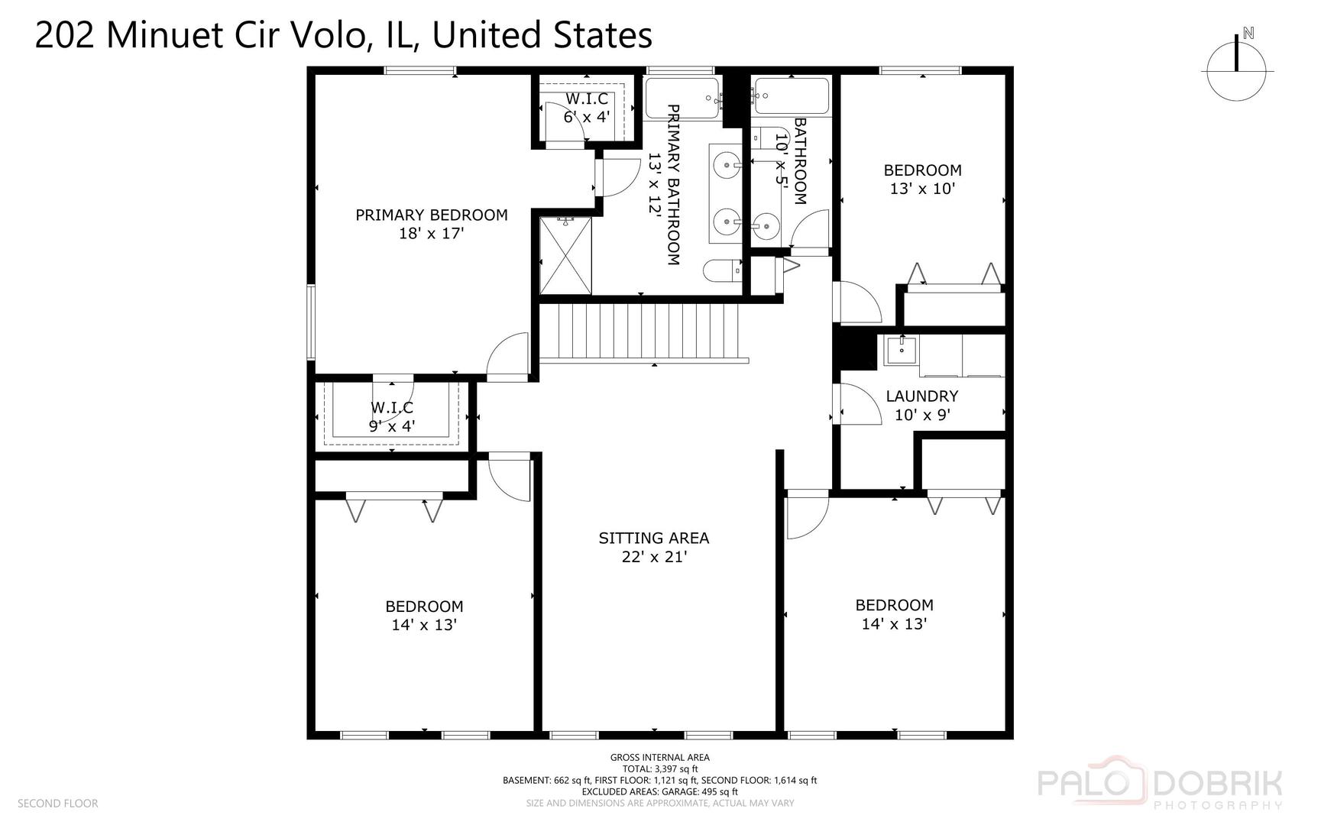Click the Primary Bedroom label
[431, 215]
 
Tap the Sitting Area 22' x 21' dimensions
[654, 557]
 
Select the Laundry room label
[921, 396]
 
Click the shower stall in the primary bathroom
[565, 255]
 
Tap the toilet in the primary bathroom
[723, 270]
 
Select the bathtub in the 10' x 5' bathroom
[790, 97]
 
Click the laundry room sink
[902, 351]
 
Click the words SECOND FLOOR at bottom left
[57, 804]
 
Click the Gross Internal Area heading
[659, 758]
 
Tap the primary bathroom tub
[682, 99]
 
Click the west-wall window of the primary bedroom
[311, 322]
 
